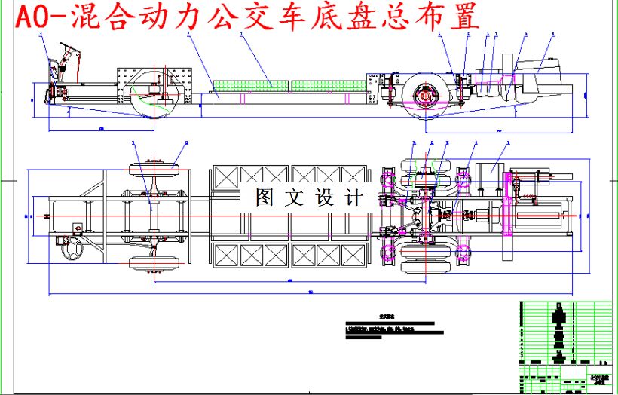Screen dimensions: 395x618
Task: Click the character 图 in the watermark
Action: tap(265, 198)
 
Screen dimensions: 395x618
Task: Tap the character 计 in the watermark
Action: tap(352, 198)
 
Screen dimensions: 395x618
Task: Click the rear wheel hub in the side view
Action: tap(427, 96)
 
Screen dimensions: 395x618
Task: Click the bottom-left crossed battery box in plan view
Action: tap(225, 256)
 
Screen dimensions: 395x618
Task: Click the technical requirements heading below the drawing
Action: tap(387, 317)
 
